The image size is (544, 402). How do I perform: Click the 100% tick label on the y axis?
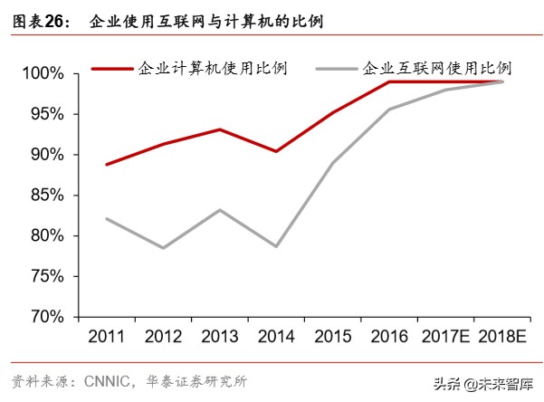tap(42, 72)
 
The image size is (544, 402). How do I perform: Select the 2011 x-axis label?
tap(108, 337)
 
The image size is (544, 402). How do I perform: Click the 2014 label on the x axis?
tap(276, 337)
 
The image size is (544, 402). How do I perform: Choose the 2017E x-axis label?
tap(445, 337)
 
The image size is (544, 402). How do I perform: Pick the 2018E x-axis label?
tap(502, 337)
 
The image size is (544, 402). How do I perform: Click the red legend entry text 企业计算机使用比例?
tap(212, 68)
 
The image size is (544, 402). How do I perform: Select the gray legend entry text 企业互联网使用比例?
tap(437, 68)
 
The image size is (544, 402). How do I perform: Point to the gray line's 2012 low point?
tap(164, 248)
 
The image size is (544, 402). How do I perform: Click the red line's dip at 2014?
tap(276, 151)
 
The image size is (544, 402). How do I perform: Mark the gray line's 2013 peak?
tap(220, 210)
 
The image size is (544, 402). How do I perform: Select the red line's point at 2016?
tap(389, 81)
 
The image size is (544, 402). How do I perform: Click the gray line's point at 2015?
tap(333, 163)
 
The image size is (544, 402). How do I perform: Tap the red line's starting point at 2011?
tap(108, 165)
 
